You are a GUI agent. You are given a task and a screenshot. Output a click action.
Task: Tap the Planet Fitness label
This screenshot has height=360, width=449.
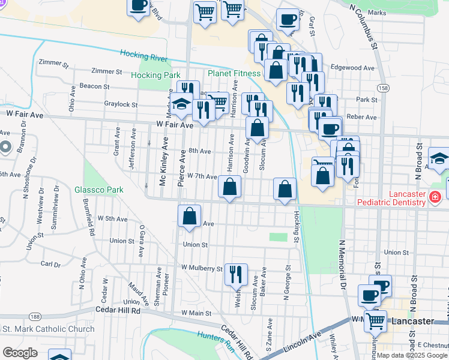coord(235,74)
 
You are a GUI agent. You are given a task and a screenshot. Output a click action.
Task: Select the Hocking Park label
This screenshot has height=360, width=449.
coord(156,76)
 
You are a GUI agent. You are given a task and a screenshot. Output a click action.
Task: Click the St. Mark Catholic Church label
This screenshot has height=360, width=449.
coord(49,329)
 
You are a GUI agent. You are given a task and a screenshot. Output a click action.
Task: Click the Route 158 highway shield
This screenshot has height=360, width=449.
coord(383,88)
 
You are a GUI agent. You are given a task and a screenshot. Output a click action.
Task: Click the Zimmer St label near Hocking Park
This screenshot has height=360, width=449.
coord(108,71)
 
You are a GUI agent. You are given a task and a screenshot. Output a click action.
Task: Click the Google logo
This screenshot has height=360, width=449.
coord(20,352)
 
